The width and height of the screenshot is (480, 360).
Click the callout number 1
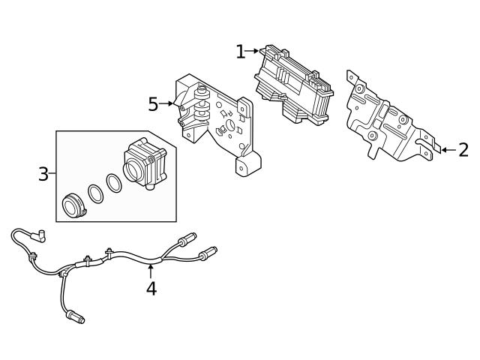click(241, 52)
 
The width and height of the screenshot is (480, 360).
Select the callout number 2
click(463, 150)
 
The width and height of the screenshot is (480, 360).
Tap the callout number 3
click(43, 174)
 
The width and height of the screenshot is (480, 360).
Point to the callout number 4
click(151, 289)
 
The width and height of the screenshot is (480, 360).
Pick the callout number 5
click(153, 104)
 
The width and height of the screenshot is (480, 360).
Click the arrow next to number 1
click(252, 51)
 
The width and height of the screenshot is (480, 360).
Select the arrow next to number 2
click(448, 150)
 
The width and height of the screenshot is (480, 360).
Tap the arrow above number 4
click(151, 271)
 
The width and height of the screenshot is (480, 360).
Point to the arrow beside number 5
click(166, 103)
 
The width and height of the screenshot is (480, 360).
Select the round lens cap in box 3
click(73, 205)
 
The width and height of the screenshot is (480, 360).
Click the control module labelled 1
click(293, 85)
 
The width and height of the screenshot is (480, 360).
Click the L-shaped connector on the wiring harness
click(38, 235)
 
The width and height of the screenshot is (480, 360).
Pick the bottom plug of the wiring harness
click(75, 316)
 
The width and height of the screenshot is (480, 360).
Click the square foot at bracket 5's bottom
click(247, 164)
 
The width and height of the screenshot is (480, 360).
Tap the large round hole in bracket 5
click(229, 125)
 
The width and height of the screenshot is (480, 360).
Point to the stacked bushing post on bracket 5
click(202, 104)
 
